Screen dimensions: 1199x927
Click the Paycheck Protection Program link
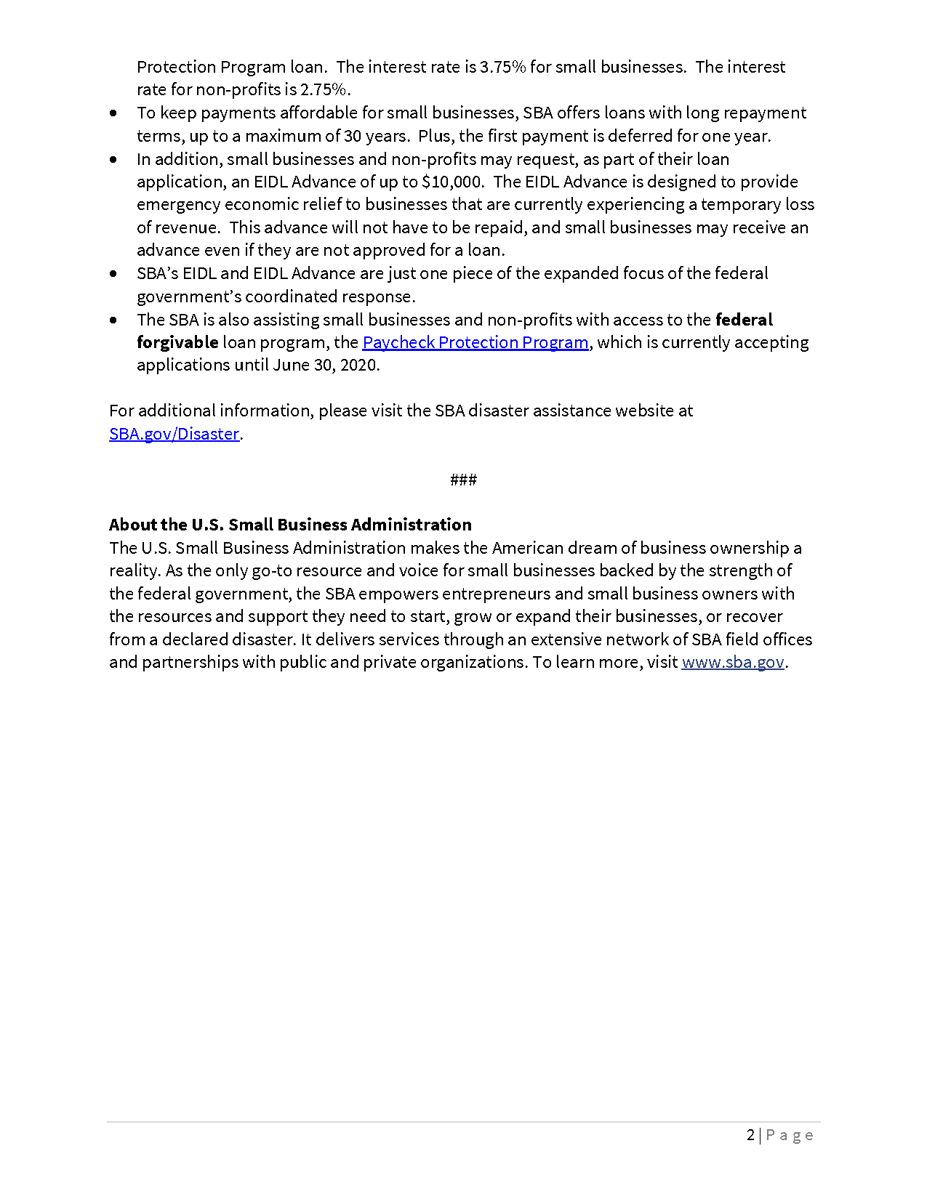click(x=475, y=342)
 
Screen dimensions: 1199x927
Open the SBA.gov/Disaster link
click(x=174, y=434)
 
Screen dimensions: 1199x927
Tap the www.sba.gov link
click(x=732, y=662)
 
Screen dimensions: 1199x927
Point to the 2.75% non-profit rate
click(x=324, y=89)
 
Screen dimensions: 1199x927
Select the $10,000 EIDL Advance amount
click(x=452, y=182)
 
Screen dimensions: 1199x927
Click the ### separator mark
click(x=463, y=480)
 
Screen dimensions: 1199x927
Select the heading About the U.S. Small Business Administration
click(x=290, y=525)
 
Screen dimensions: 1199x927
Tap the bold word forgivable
click(x=177, y=342)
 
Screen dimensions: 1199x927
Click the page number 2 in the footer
click(x=750, y=1135)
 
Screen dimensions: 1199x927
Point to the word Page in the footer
click(x=790, y=1135)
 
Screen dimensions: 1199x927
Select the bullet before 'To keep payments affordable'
click(x=113, y=113)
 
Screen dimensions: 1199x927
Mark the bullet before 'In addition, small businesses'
click(x=113, y=159)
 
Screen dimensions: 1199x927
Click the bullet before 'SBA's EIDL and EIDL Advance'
click(x=113, y=274)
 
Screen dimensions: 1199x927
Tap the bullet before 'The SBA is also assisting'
click(x=113, y=320)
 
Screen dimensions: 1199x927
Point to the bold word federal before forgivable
click(x=744, y=320)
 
